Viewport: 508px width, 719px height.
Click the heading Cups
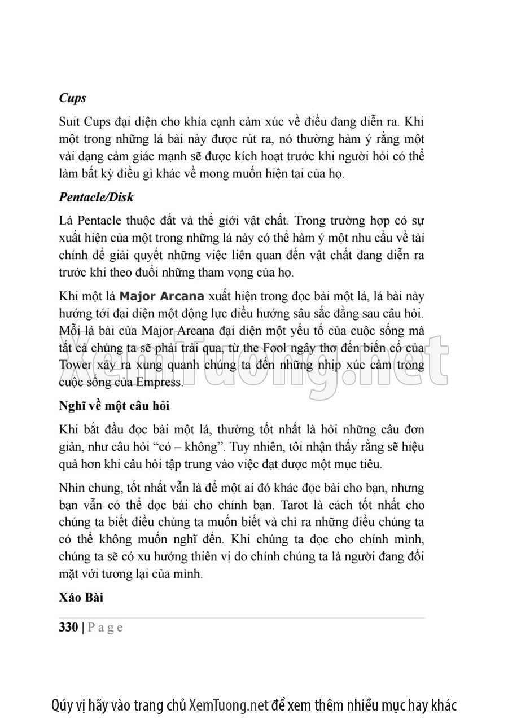[x=72, y=98]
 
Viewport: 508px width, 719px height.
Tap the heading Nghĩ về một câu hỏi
[x=114, y=406]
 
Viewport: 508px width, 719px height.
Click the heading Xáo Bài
[x=81, y=598]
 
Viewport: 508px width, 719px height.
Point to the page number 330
[x=68, y=628]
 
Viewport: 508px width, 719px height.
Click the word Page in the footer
[x=106, y=628]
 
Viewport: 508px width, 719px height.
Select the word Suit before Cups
[x=69, y=121]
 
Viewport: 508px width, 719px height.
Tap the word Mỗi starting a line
[x=70, y=330]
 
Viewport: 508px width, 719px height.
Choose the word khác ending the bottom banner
[x=442, y=705]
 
